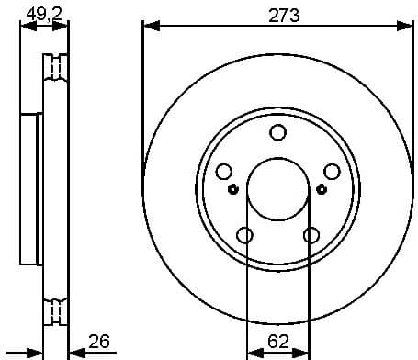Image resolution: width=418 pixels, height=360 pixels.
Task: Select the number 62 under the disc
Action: (277, 343)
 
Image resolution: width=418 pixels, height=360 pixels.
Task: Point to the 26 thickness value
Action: (98, 342)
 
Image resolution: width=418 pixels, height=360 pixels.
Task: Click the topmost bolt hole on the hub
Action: (277, 133)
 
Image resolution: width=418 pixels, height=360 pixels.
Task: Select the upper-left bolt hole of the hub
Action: (224, 172)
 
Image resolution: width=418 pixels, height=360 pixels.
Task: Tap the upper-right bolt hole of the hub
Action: (332, 172)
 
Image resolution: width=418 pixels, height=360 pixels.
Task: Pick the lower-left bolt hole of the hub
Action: (244, 235)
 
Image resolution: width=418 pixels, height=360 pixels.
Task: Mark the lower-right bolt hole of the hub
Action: (311, 235)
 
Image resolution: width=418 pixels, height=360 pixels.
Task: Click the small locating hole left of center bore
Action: (232, 190)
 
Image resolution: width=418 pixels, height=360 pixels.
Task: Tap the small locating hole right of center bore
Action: (322, 190)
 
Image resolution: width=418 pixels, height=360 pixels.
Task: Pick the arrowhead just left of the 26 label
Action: (76, 353)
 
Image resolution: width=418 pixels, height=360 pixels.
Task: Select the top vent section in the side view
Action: (57, 68)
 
